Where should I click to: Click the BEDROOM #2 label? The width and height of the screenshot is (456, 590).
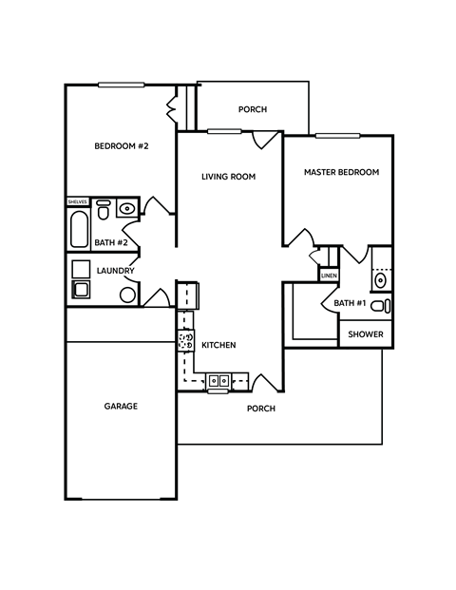[x=122, y=146]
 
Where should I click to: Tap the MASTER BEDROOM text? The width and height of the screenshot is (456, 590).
[x=341, y=173]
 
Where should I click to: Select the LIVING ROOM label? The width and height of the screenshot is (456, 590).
[x=229, y=177]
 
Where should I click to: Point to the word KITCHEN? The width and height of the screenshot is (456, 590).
[x=218, y=345]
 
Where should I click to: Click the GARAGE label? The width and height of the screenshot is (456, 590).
[x=121, y=407]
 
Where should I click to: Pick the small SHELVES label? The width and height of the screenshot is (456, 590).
[x=77, y=202]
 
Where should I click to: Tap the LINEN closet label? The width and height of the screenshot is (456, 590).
[x=329, y=276]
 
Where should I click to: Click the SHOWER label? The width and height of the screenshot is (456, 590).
[x=366, y=334]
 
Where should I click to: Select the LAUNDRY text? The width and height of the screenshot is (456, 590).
[x=116, y=271]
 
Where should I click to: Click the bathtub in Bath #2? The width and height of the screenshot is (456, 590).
[x=79, y=230]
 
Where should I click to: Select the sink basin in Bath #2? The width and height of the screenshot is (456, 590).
[x=127, y=206]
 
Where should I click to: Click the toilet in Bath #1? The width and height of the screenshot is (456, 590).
[x=380, y=306]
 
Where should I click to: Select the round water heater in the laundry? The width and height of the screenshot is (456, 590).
[x=127, y=295]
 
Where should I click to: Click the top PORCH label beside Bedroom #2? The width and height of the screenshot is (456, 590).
[x=253, y=109]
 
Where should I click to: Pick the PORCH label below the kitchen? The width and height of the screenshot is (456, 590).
[x=261, y=409]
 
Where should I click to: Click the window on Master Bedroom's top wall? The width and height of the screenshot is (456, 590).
[x=337, y=136]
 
